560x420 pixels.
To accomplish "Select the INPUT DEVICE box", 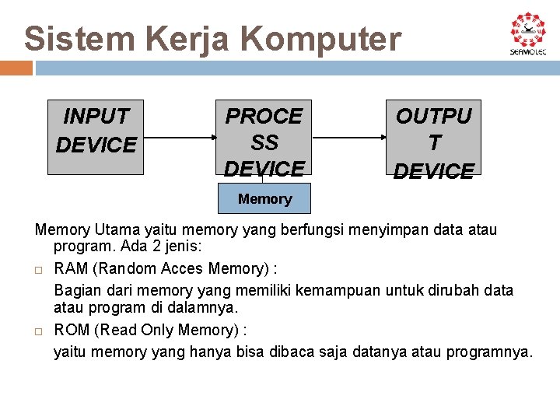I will click(x=96, y=136).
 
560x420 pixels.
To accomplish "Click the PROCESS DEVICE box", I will click(x=264, y=140).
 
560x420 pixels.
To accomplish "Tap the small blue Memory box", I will click(x=264, y=198).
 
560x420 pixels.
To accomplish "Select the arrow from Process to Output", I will click(x=348, y=138).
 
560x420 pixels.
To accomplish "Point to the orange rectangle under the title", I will click(x=16, y=68).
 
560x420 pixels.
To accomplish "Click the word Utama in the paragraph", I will click(x=118, y=230).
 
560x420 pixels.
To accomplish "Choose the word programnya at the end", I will click(x=489, y=352).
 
